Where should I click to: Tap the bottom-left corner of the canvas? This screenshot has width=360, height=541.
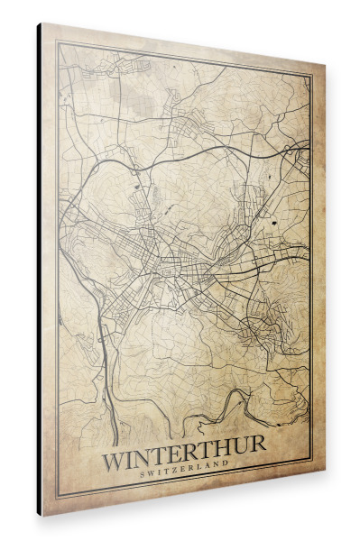click(42, 515)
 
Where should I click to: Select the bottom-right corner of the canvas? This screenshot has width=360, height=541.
click(322, 474)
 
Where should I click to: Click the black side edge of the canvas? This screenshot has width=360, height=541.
click(39, 270)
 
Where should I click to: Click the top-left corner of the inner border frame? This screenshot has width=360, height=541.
click(58, 43)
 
